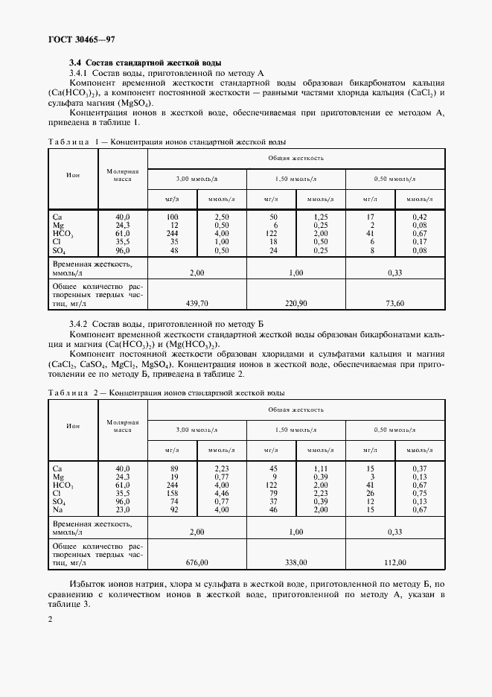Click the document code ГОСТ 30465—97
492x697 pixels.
[82, 39]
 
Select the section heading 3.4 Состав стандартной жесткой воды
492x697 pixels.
[145, 63]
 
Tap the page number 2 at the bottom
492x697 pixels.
[51, 619]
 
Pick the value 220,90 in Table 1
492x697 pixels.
[295, 304]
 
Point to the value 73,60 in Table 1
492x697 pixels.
[394, 304]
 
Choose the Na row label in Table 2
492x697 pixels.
[58, 509]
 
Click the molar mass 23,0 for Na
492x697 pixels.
[123, 509]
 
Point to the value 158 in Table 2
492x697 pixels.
[173, 492]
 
